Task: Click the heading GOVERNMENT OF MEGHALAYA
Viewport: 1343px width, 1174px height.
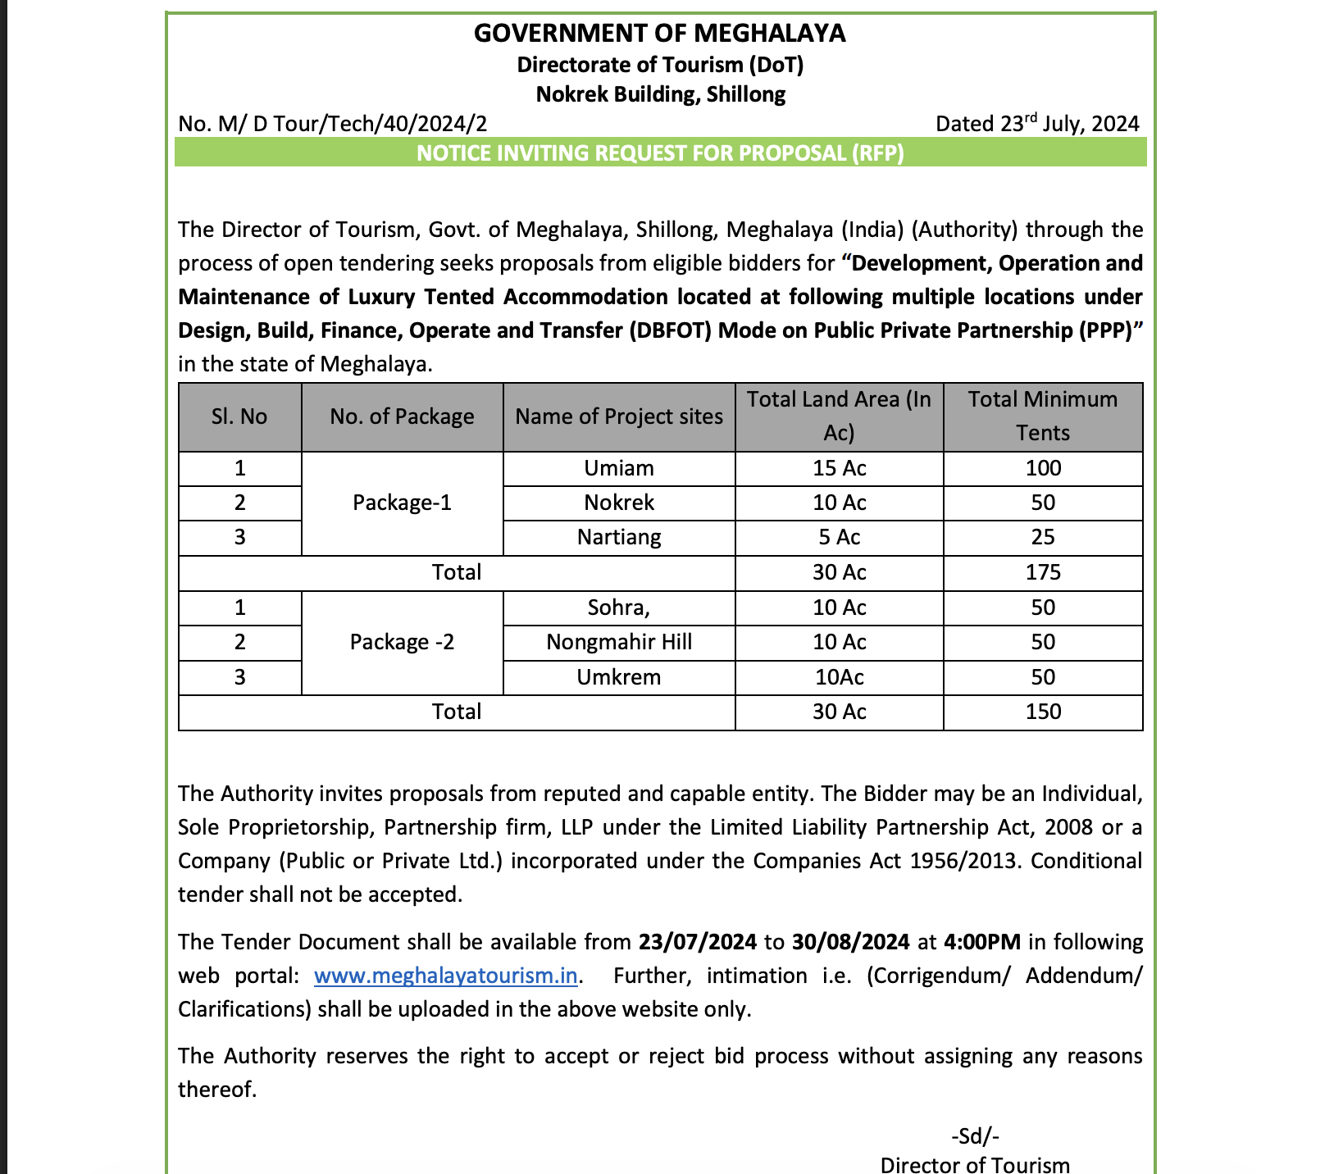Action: pos(659,33)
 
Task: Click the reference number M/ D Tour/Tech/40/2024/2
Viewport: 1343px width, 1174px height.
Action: pos(332,124)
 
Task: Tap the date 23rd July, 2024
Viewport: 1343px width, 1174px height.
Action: pos(1037,124)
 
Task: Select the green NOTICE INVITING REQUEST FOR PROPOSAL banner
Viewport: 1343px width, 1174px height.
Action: pos(660,153)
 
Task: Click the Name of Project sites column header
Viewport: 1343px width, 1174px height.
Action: pos(619,416)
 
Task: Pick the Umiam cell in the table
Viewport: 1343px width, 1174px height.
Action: pos(619,468)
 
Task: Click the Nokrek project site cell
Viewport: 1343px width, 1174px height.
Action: pos(619,503)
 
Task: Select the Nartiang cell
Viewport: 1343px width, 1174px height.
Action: pos(619,537)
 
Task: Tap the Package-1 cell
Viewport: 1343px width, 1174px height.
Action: pos(402,503)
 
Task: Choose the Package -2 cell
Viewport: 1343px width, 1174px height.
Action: pos(402,642)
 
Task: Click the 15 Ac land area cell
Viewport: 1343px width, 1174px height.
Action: pos(839,468)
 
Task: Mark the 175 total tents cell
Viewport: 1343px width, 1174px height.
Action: pos(1043,572)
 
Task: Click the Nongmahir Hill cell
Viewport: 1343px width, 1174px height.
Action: pos(619,642)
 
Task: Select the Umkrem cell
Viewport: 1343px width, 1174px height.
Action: pos(619,677)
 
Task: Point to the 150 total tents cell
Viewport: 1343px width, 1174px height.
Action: pos(1043,712)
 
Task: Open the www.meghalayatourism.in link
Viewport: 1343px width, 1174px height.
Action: pos(446,976)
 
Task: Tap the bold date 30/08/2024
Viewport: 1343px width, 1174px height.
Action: pos(850,941)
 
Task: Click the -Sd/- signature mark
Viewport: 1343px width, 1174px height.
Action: pos(975,1136)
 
